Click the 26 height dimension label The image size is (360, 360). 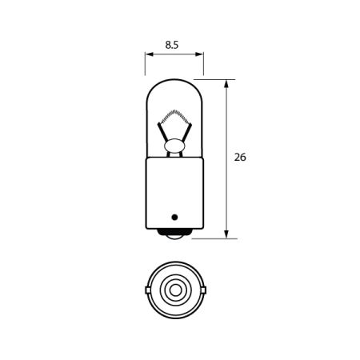240,157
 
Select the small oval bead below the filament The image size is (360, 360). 174,146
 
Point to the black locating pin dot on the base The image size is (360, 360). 174,217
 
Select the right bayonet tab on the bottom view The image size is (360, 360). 204,288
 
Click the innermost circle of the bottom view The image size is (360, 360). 174,288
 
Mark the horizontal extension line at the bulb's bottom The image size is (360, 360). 216,238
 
